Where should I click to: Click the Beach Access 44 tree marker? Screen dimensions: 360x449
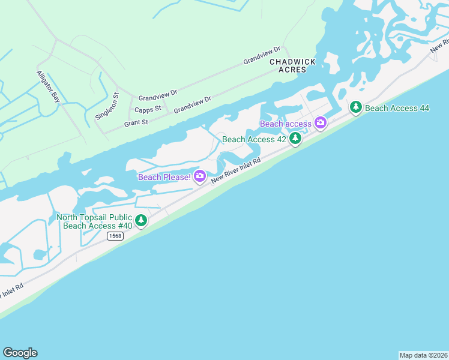[356, 107]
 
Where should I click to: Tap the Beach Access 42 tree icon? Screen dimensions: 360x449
[295, 139]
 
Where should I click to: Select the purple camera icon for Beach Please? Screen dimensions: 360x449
[200, 176]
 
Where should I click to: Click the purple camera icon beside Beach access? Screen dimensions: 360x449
[321, 123]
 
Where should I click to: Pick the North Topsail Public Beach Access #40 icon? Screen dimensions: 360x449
[141, 220]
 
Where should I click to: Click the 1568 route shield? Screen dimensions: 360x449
[115, 236]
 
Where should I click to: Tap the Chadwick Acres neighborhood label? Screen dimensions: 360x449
[288, 65]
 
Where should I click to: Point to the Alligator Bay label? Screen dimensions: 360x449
[47, 87]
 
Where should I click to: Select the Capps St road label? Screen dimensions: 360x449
[148, 109]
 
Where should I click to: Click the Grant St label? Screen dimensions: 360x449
[136, 122]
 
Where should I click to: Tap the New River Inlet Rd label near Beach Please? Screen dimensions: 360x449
[235, 171]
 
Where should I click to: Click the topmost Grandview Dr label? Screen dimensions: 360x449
[262, 56]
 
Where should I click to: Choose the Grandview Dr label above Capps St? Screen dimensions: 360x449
[158, 94]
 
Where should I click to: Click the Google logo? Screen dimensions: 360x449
[20, 353]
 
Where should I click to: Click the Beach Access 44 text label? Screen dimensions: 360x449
[397, 108]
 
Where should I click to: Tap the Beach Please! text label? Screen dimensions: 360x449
[164, 177]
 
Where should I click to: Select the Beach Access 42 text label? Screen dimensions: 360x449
[254, 139]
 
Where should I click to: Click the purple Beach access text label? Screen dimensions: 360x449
[286, 124]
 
